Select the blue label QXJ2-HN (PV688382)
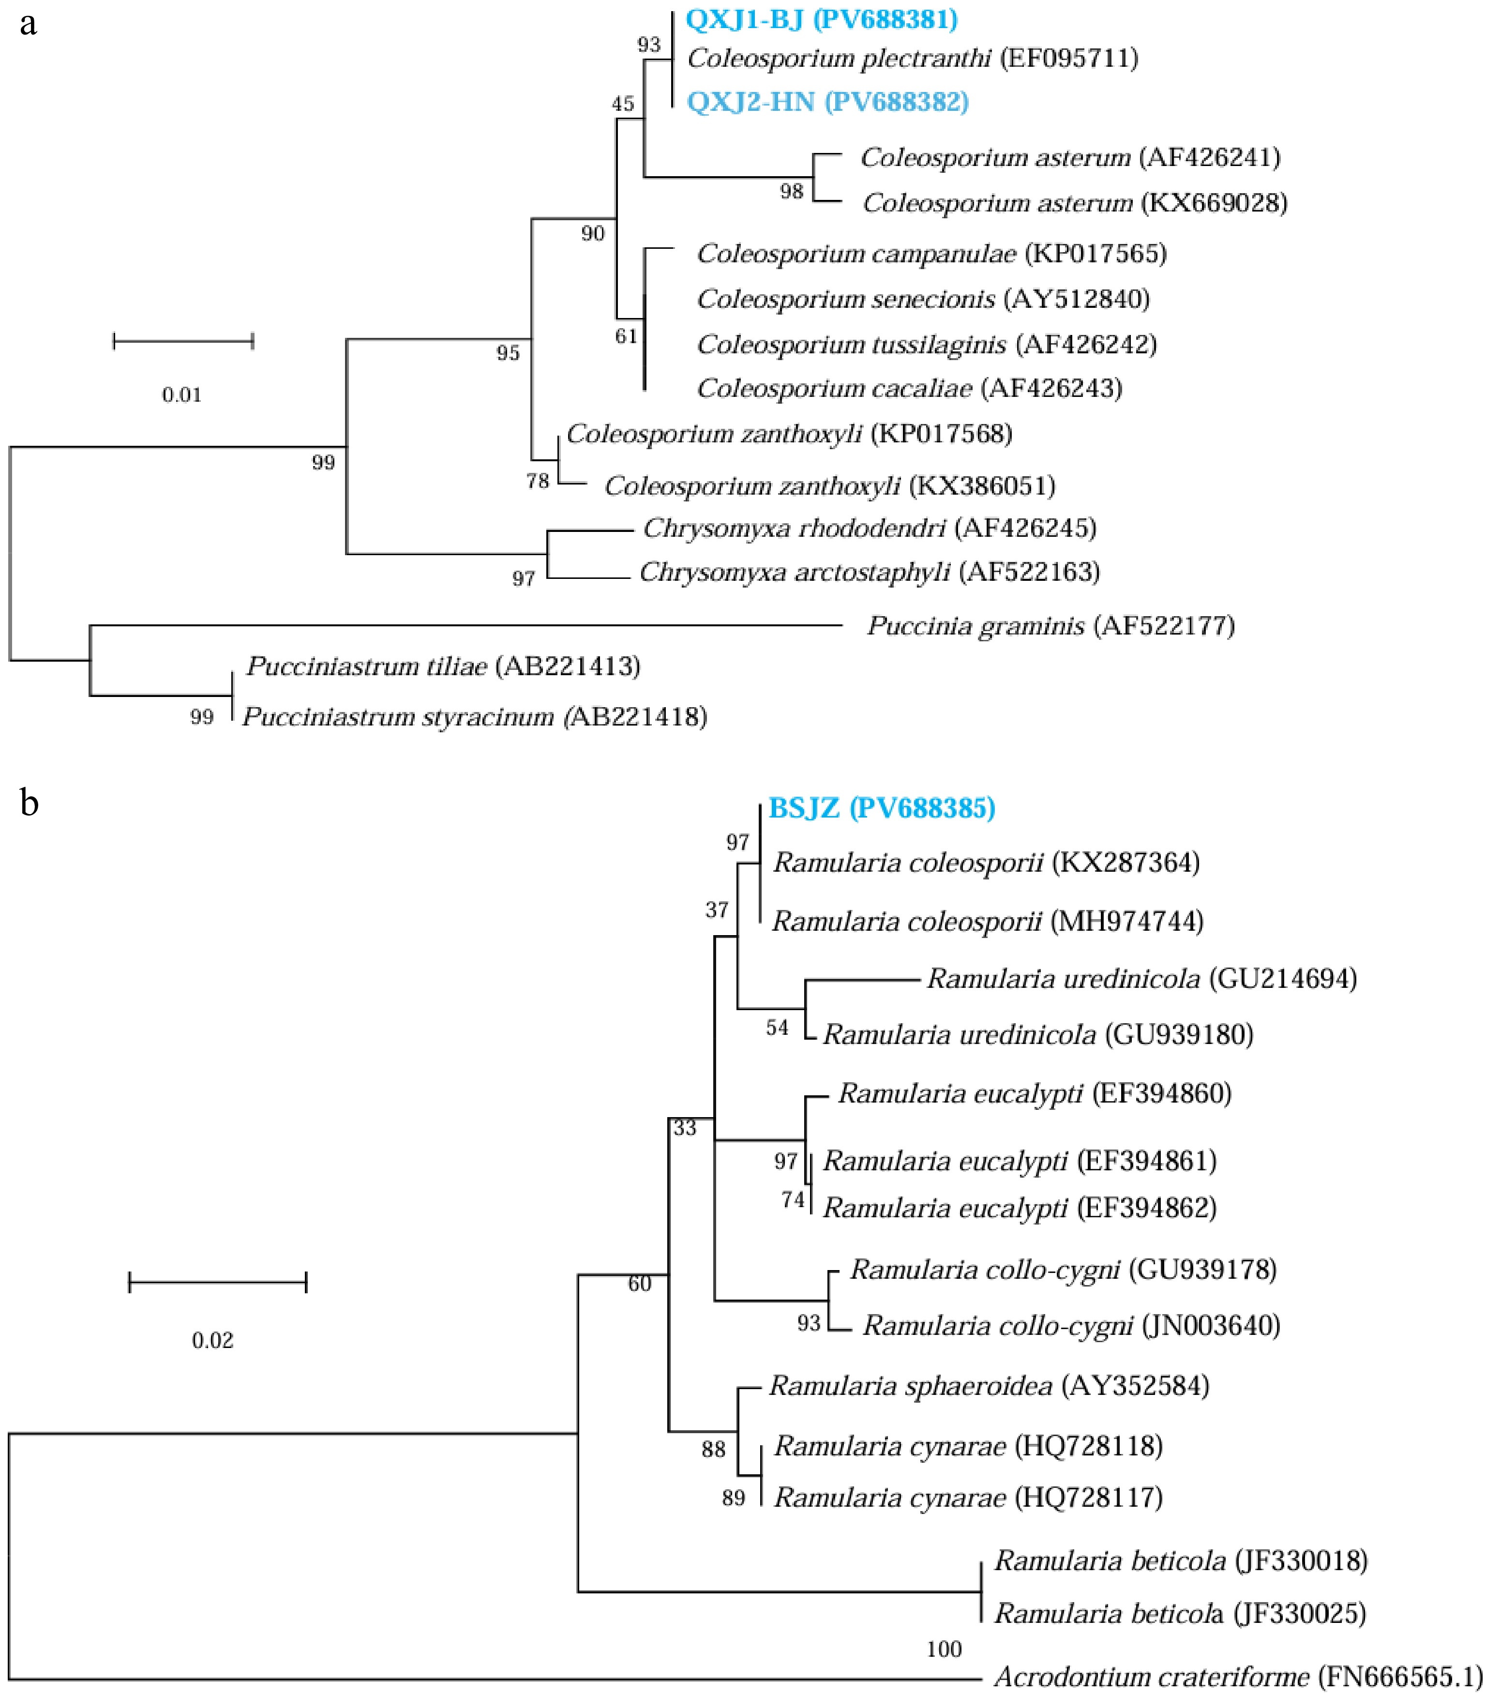pyautogui.click(x=827, y=102)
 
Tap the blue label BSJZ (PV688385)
pyautogui.click(x=882, y=808)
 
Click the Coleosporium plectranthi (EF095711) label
pyautogui.click(x=912, y=58)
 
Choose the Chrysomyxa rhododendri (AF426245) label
pyautogui.click(x=869, y=528)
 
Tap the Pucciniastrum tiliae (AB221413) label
pyautogui.click(x=443, y=666)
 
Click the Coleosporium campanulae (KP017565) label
pyautogui.click(x=931, y=254)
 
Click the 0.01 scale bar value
pyautogui.click(x=181, y=395)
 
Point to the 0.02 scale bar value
pyautogui.click(x=212, y=1340)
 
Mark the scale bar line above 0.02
pyautogui.click(x=217, y=1282)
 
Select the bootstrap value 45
pyautogui.click(x=623, y=104)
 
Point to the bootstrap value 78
pyautogui.click(x=537, y=481)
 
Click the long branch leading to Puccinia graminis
pyautogui.click(x=465, y=625)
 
